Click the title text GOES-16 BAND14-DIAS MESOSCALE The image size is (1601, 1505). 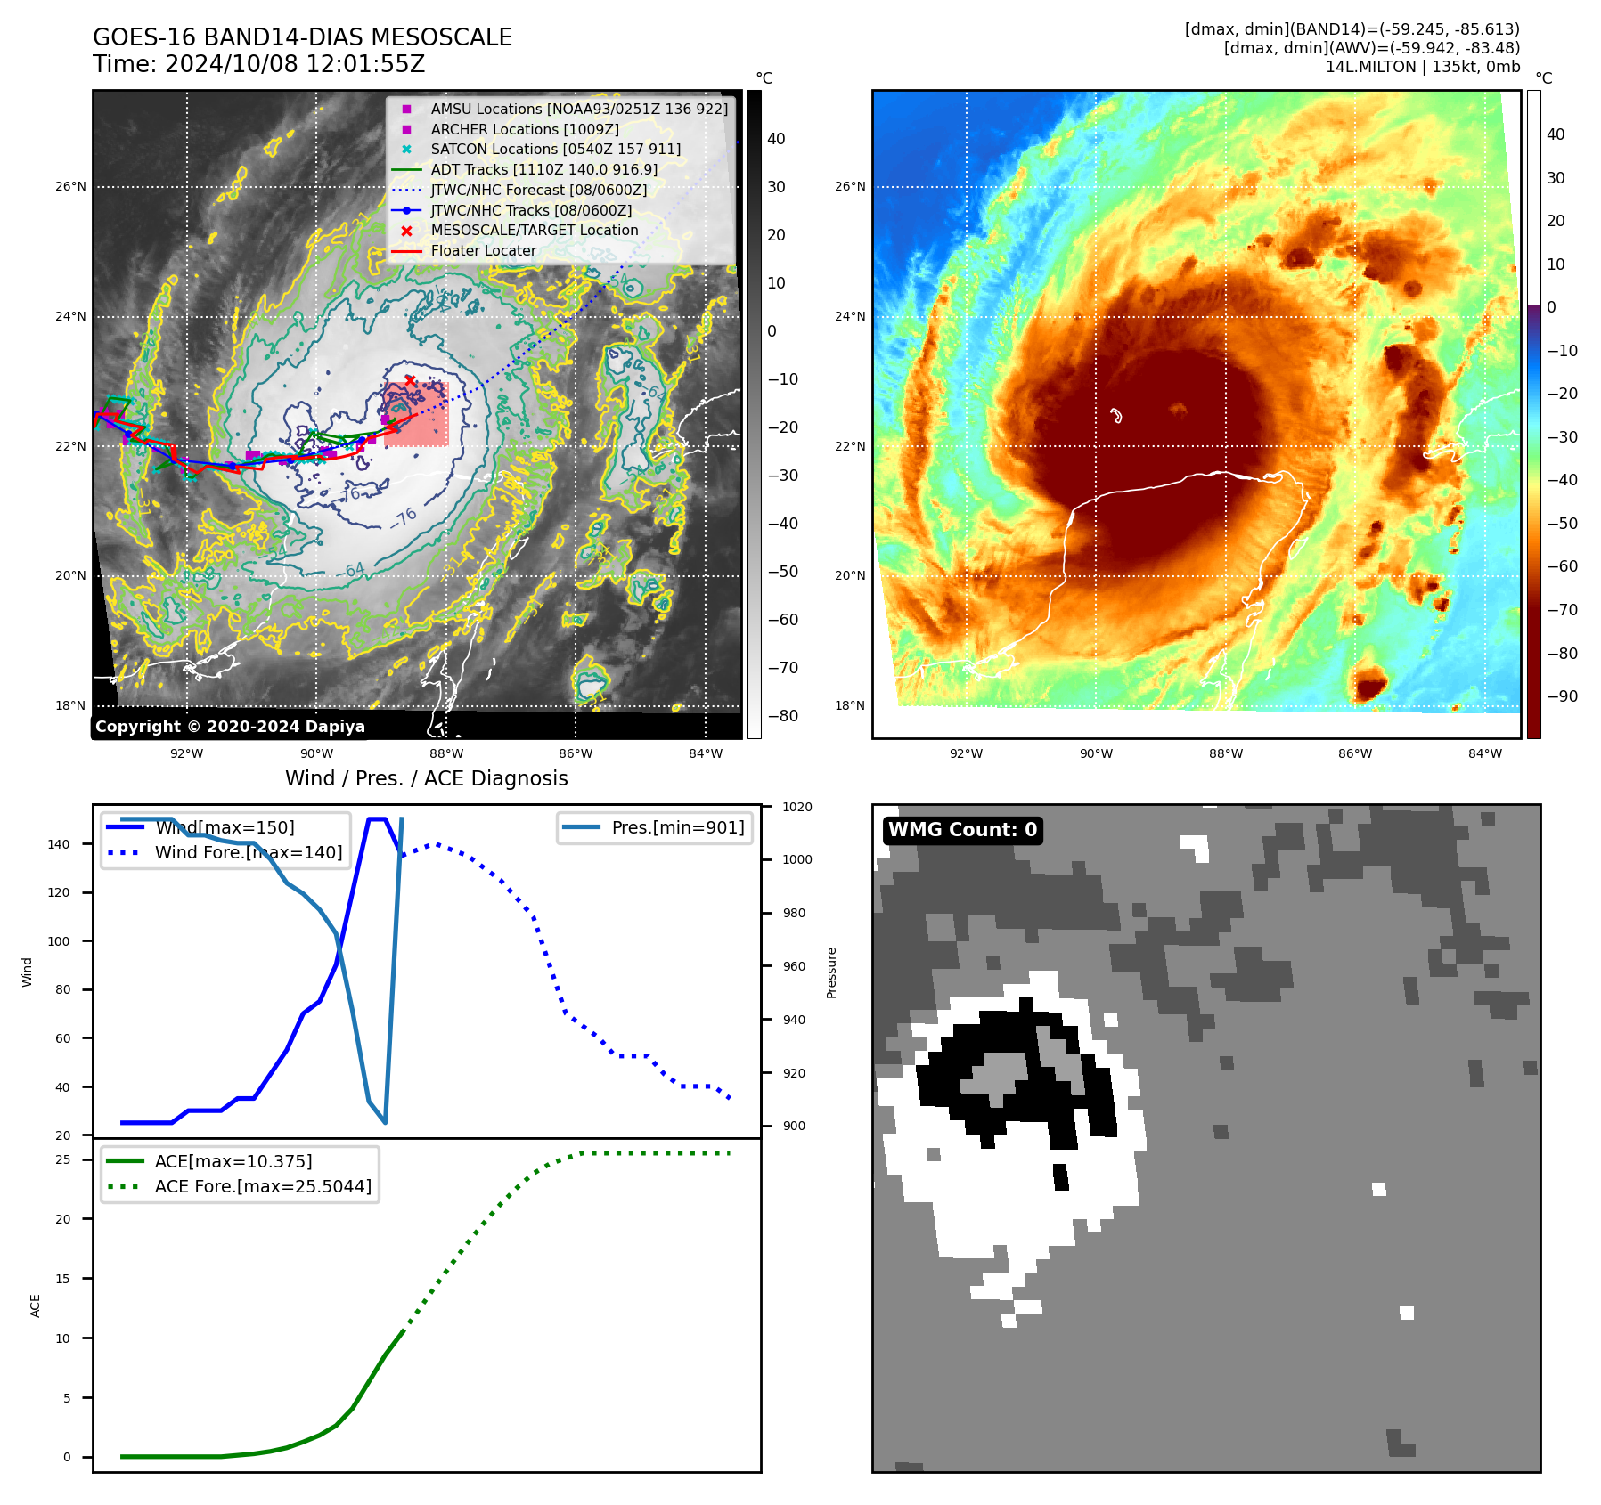(x=302, y=37)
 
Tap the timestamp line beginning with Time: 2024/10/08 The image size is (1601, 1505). (x=258, y=64)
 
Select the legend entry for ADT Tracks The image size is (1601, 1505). (x=543, y=169)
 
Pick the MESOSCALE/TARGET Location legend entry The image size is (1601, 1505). (x=534, y=230)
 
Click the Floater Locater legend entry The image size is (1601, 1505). (x=483, y=250)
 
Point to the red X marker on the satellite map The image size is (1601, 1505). (x=410, y=381)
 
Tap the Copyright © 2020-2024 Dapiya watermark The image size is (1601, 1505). (x=230, y=726)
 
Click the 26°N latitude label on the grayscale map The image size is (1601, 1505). (x=70, y=186)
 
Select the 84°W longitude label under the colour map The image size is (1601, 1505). (x=1484, y=753)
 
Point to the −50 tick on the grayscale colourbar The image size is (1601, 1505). (x=783, y=572)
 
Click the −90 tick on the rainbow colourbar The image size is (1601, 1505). (x=1562, y=696)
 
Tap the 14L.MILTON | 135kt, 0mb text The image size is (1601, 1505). (x=1422, y=67)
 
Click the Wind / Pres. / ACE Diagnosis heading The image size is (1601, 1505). (x=426, y=778)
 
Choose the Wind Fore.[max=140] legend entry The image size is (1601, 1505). (x=248, y=852)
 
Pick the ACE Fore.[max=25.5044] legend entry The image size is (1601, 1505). (x=263, y=1186)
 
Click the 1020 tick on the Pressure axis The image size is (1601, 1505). (x=796, y=807)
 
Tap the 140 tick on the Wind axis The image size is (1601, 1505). (x=59, y=844)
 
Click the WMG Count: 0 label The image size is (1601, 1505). (x=962, y=830)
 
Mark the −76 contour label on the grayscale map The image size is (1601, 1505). (x=404, y=517)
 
